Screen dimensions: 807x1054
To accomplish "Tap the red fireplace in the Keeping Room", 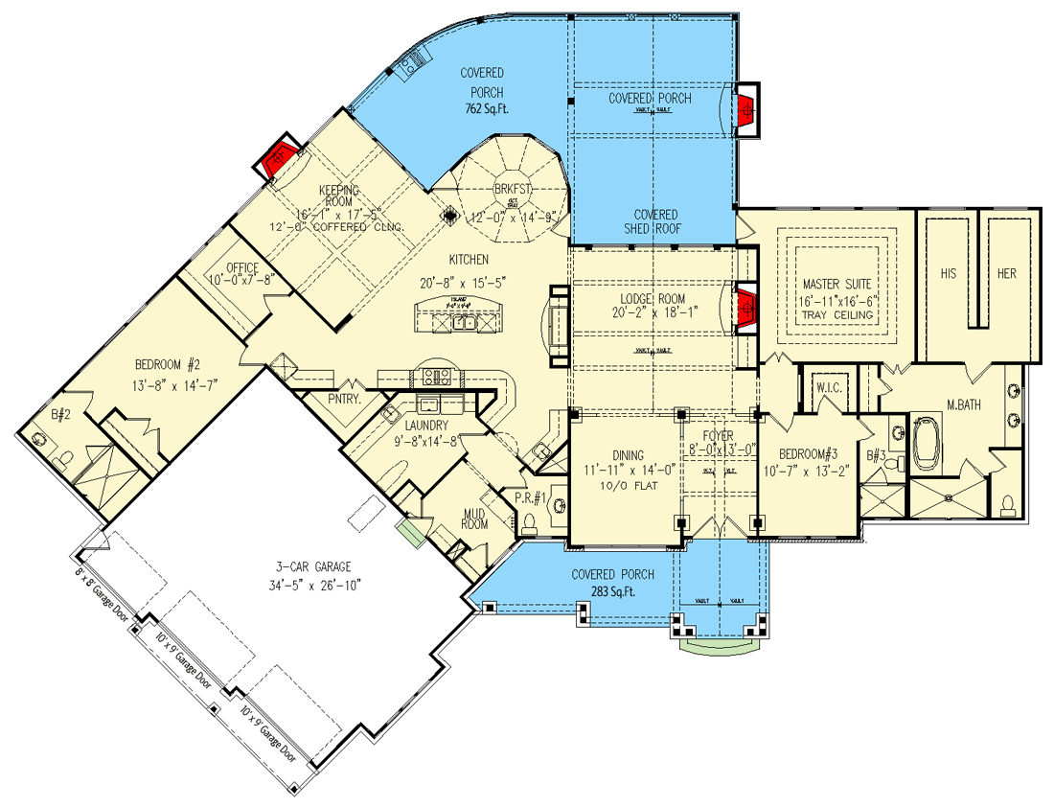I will click(x=279, y=155).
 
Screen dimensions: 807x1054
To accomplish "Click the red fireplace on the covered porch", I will click(x=746, y=109).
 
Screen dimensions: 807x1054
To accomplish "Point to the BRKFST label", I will click(x=512, y=190).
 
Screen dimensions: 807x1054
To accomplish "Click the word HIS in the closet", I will click(x=948, y=273).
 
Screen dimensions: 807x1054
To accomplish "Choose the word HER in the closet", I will click(x=1006, y=273).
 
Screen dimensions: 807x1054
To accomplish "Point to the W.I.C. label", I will click(x=828, y=388).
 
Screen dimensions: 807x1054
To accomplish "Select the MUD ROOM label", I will click(x=474, y=518).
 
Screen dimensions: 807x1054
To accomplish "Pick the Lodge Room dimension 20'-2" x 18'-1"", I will click(x=653, y=311).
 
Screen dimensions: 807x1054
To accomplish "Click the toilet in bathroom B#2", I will click(x=64, y=464).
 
